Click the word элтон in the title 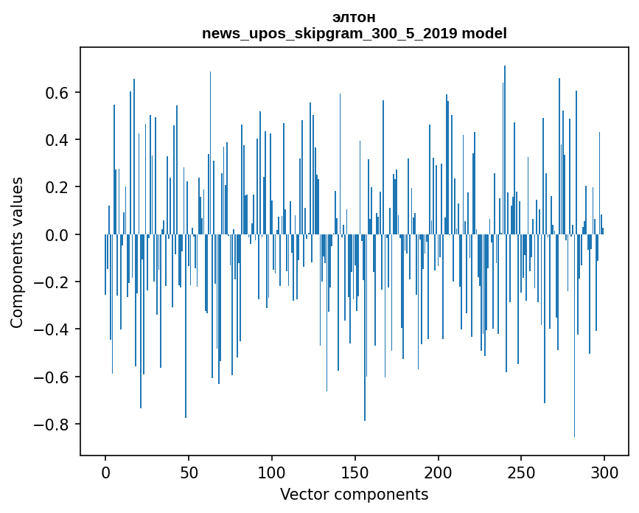pos(354,18)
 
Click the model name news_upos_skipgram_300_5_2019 pos(329,33)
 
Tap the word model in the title pos(484,33)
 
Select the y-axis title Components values pos(17,253)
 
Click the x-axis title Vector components pos(354,495)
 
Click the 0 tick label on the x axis pos(105,472)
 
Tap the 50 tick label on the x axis pos(189,472)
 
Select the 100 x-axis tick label pos(272,472)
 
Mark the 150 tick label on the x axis pos(355,472)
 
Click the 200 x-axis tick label pos(438,472)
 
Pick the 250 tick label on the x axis pos(521,472)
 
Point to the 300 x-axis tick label pos(604,472)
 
